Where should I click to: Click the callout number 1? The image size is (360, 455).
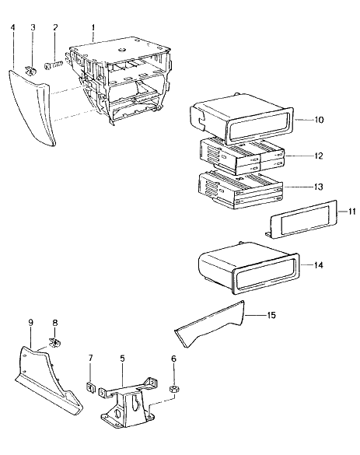click(x=93, y=27)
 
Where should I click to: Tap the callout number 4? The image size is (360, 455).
click(x=12, y=27)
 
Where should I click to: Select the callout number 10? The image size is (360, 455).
click(x=319, y=120)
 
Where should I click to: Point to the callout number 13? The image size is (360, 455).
click(x=319, y=187)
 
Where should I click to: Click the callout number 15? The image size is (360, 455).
click(x=271, y=315)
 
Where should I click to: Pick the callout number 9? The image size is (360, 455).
click(x=31, y=322)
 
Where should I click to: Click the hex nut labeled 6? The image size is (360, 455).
click(x=174, y=389)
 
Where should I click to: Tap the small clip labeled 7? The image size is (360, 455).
click(x=91, y=387)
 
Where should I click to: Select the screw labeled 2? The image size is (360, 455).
click(x=54, y=65)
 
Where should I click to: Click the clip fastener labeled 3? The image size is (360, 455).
click(x=30, y=71)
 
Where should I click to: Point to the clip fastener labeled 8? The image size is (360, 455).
click(x=54, y=343)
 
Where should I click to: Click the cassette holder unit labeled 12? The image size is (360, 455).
click(x=241, y=156)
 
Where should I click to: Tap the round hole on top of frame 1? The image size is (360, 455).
click(x=122, y=49)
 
